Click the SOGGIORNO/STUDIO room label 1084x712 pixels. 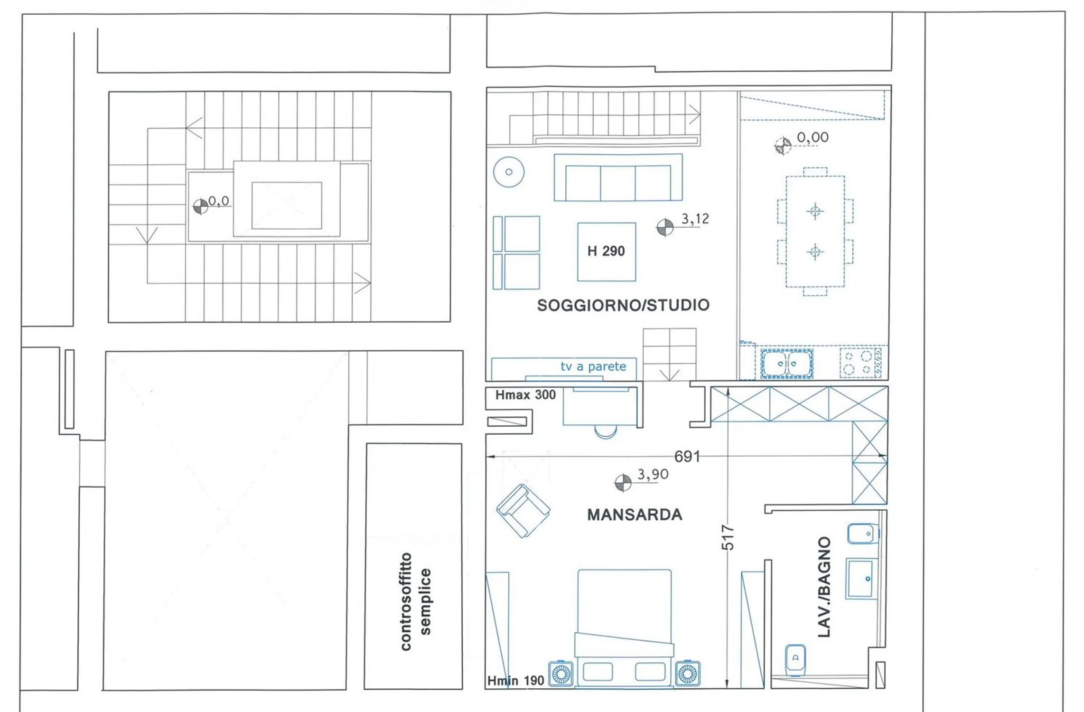623,305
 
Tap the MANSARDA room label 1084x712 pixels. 635,515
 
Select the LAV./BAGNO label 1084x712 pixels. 824,587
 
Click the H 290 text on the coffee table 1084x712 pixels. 606,251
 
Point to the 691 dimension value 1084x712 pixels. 687,457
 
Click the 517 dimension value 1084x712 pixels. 728,537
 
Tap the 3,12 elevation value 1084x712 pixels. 695,219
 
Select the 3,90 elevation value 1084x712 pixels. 653,474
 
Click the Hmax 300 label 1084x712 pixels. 525,395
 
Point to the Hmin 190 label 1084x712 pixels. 516,681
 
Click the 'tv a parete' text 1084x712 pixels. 593,366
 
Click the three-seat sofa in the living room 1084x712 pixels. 618,177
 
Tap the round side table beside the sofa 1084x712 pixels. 509,172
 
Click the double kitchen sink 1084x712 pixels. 787,364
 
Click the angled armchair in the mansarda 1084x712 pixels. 523,511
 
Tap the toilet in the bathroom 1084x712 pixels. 795,660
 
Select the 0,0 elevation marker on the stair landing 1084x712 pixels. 201,206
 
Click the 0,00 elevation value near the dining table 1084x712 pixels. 813,138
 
